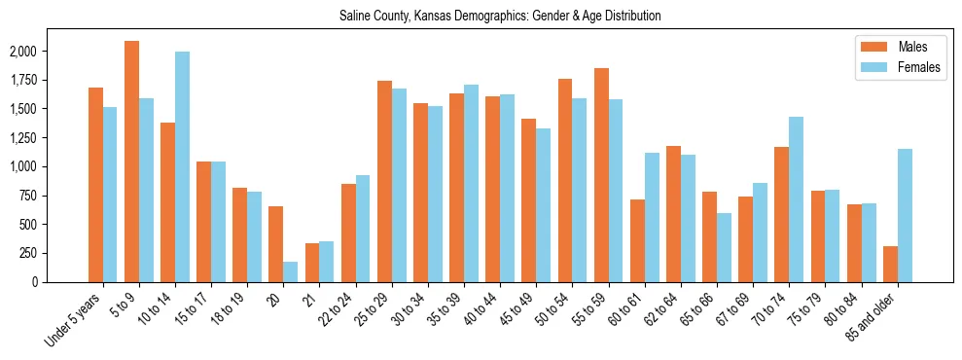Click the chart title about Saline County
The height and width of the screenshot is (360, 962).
(500, 17)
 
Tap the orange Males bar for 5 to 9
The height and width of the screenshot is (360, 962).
(131, 162)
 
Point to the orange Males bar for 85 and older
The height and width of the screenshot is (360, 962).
(890, 264)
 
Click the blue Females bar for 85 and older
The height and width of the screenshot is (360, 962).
(905, 215)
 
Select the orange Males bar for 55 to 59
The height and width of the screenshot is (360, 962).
(601, 175)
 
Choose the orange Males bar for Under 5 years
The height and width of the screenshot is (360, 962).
(95, 185)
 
